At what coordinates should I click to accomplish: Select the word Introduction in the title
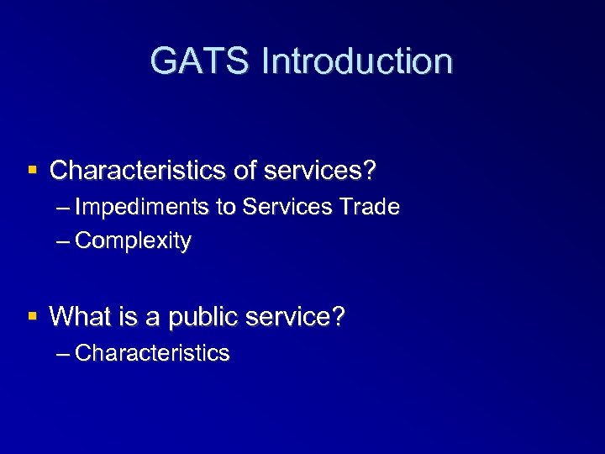tap(357, 61)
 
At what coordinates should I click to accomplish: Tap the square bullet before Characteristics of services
tap(33, 170)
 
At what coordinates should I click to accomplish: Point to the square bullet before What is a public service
tap(33, 316)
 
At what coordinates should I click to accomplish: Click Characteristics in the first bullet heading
tap(139, 171)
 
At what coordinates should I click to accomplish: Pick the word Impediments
tap(142, 207)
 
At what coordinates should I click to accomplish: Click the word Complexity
tap(133, 241)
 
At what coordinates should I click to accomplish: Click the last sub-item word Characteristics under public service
tap(152, 353)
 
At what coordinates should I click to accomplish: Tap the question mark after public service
tap(338, 317)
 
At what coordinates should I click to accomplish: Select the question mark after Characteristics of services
tap(370, 171)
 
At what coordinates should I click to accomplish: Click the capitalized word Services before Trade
tap(286, 207)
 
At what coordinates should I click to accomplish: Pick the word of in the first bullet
tap(245, 171)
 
